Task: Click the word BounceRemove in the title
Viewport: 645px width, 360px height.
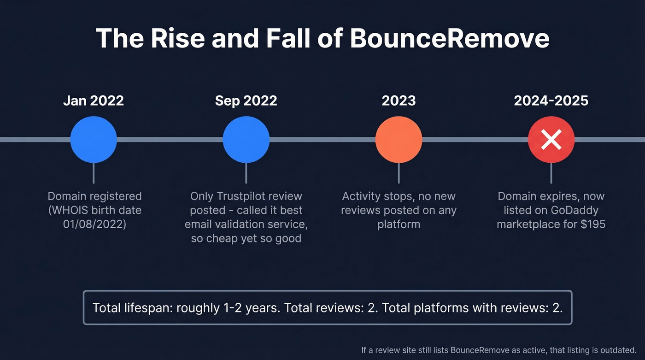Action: coord(449,38)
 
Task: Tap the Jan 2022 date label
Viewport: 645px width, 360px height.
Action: coord(94,100)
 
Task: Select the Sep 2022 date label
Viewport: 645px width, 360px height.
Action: coord(246,100)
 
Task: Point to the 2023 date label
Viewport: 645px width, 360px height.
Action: coord(399,100)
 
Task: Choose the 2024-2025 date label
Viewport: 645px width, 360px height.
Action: coord(551,100)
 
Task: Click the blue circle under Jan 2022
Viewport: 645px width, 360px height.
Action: coord(94,139)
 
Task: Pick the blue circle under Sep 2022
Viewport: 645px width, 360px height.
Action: coord(246,139)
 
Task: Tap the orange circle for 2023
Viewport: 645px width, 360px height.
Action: coord(399,139)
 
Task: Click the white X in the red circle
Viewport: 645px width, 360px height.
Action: coord(551,139)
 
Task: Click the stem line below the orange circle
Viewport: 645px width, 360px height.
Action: coord(399,173)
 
